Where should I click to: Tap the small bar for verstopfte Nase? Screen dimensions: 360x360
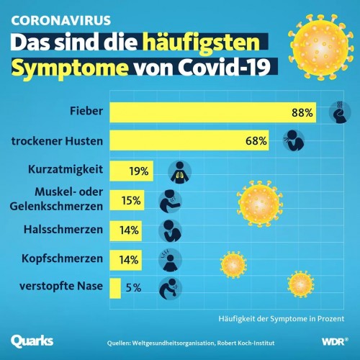point(115,287)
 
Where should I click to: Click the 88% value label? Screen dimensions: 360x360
point(302,113)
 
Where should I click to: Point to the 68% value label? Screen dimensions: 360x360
point(256,141)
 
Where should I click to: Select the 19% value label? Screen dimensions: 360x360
point(140,171)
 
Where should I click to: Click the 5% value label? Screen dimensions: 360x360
point(133,287)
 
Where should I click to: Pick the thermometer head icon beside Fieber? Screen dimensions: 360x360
point(340,113)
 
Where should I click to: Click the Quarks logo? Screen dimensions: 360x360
point(32,339)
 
